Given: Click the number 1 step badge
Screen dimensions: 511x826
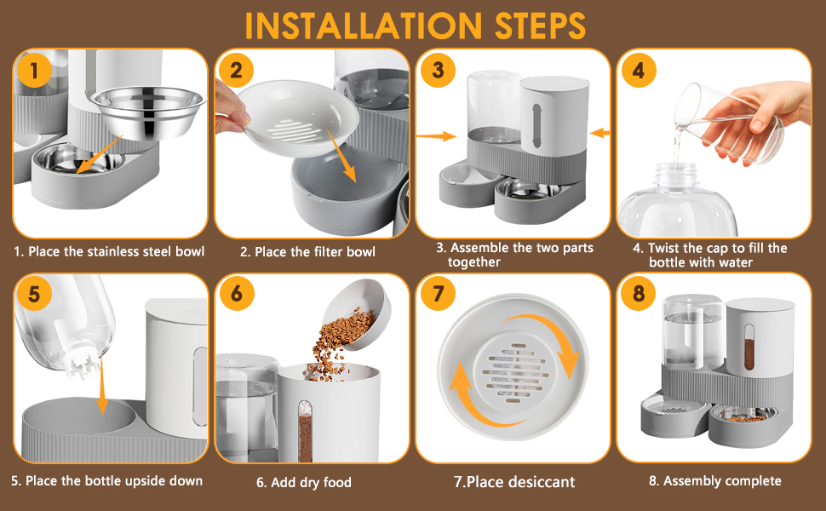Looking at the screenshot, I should point(35,71).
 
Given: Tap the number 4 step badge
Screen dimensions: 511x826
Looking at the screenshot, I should point(638,71).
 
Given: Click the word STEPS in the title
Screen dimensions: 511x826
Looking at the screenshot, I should point(525,26).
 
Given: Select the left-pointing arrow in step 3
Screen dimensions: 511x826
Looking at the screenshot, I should point(600,133).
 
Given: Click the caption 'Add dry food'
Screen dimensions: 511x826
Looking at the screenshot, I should point(304,483).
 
